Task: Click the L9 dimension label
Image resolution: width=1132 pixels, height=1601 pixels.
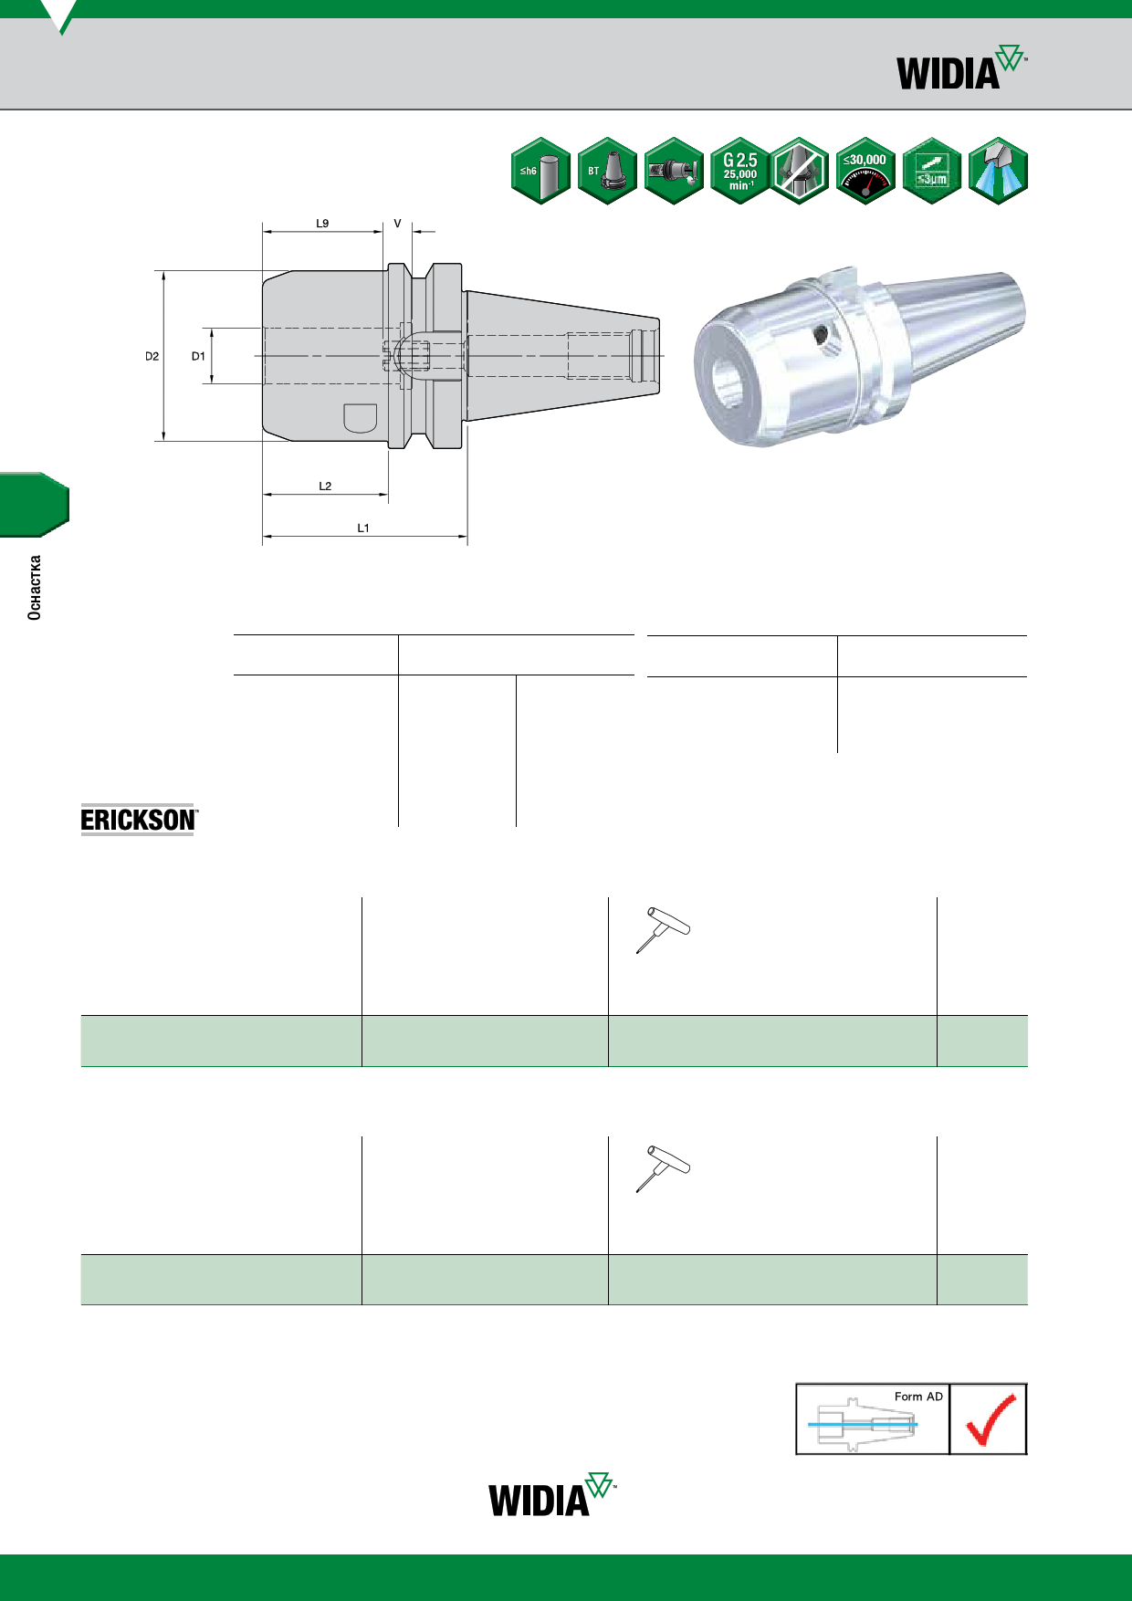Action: click(322, 224)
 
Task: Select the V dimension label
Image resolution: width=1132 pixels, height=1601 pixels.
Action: click(397, 224)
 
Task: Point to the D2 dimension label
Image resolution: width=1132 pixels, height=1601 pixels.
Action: click(152, 357)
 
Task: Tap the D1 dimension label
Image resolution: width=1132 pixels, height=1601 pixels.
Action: click(198, 357)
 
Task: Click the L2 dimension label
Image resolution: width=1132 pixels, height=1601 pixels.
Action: click(325, 487)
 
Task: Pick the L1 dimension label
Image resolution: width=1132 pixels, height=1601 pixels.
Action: click(363, 528)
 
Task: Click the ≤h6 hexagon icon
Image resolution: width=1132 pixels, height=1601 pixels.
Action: click(540, 171)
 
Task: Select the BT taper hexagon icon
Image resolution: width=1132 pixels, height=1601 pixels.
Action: click(607, 171)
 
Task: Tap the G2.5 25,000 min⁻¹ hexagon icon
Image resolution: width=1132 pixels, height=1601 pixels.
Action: click(740, 171)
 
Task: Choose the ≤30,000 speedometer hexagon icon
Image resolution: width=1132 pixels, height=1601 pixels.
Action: click(865, 171)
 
